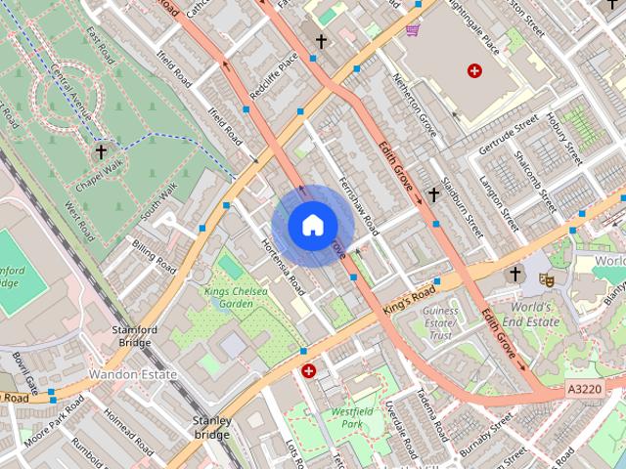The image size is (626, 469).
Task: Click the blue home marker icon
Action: [x=311, y=226]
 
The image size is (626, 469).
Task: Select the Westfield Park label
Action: [x=347, y=418]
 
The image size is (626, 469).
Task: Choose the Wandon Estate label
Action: [x=132, y=374]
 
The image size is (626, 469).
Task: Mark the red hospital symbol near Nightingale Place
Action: [x=475, y=70]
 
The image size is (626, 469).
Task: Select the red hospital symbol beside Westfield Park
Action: [x=309, y=370]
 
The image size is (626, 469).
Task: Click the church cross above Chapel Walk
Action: [x=100, y=152]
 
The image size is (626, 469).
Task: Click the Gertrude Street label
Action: [x=509, y=135]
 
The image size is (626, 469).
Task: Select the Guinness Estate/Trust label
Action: [x=439, y=322]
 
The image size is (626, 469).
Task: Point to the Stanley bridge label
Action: [x=211, y=427]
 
